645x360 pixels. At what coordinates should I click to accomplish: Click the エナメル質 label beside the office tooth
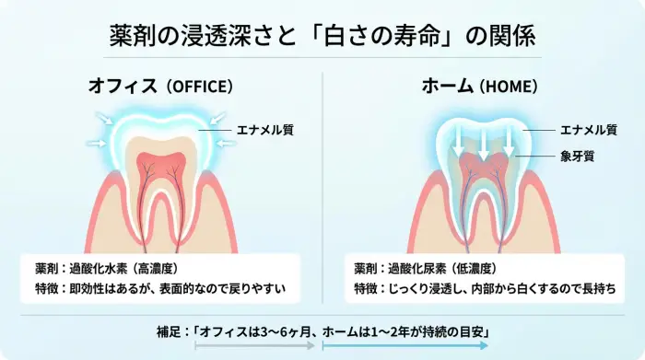point(264,131)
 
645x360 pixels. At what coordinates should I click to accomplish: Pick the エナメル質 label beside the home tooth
point(588,131)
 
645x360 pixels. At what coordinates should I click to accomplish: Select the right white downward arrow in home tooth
point(508,141)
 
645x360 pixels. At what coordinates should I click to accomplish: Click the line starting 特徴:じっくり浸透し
point(484,289)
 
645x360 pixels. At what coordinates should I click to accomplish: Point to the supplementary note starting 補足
point(322,331)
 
